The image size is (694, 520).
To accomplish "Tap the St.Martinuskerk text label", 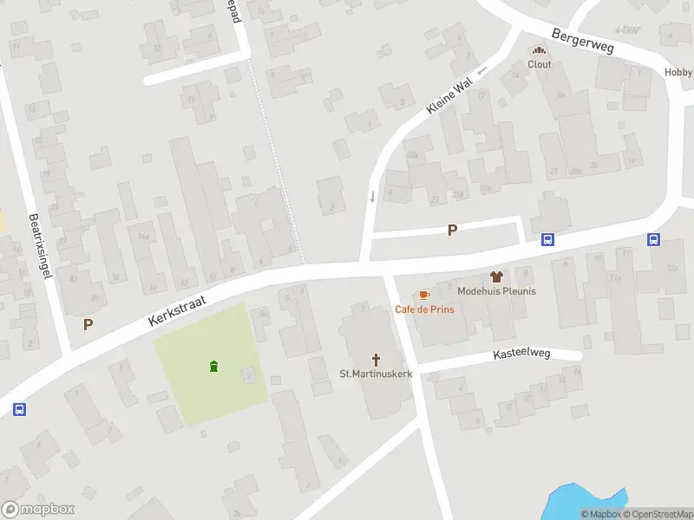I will pos(376,374).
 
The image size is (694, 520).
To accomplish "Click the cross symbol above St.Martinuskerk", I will pos(376,359).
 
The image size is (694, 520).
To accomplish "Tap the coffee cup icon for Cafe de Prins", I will pos(423,296).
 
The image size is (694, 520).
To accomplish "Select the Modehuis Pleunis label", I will pos(496,291).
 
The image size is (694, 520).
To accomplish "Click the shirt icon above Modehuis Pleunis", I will pos(496,277).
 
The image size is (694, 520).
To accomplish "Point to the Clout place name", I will pos(540,64).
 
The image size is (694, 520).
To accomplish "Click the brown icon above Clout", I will pos(540,50).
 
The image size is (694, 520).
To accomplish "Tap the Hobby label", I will pos(678,73).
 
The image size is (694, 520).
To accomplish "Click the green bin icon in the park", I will pos(213,367).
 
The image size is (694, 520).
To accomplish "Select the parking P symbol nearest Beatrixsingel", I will pos(88,324).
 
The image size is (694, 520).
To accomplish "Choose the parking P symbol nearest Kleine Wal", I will pos(451,231).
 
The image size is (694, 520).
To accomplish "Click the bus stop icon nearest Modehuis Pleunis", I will pos(548,240).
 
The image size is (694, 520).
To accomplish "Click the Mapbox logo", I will pos(37,510).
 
